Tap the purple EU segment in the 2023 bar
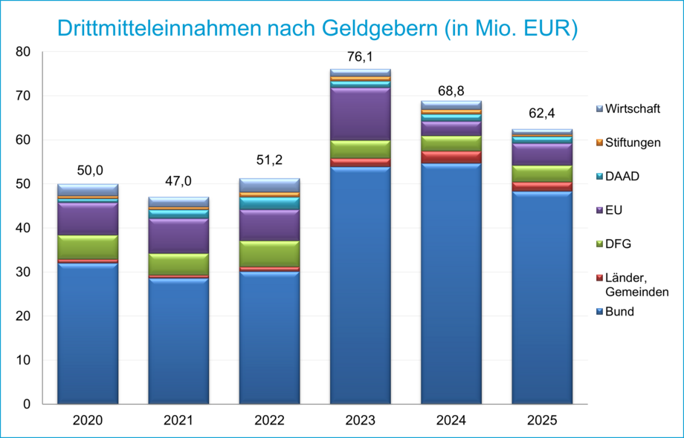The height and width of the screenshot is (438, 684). point(361,114)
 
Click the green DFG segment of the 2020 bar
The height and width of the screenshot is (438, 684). point(88,247)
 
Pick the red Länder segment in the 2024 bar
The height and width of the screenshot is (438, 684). point(451,157)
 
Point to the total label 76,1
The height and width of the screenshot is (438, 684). point(361,57)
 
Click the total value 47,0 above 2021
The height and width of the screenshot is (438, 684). point(178,182)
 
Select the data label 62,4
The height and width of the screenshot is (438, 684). point(542,114)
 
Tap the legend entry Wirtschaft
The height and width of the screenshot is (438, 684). point(631,109)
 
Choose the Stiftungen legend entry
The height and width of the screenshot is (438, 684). point(632,142)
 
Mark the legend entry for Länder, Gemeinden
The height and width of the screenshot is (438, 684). point(636,284)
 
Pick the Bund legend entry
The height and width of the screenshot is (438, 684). point(619,312)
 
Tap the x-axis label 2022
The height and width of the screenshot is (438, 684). point(269,421)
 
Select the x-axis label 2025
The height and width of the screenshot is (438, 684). point(542,421)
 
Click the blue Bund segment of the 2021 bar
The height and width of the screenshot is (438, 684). point(178,341)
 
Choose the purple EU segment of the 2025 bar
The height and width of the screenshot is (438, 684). point(542,154)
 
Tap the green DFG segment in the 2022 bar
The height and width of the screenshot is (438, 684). point(269,253)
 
